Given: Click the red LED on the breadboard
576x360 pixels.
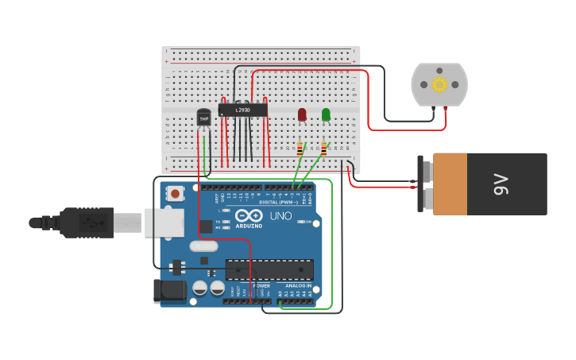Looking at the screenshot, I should tap(302, 114).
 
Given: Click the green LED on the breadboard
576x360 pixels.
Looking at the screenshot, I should tap(326, 114).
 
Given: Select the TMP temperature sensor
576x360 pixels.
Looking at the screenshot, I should tap(204, 118).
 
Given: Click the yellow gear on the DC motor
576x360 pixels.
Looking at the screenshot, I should tap(439, 84).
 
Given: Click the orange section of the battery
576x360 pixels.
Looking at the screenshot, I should tap(450, 184).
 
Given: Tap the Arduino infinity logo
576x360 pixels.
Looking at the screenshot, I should tap(249, 216).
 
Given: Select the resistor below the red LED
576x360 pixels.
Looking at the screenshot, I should tap(300, 149).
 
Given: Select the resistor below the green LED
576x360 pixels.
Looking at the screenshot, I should tap(323, 149).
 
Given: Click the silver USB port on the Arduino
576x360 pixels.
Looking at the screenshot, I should tap(164, 223).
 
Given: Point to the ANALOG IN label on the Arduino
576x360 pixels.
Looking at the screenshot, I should tap(298, 285).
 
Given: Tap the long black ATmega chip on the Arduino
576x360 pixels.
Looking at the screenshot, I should tap(269, 269).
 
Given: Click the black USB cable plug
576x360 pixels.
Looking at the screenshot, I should tap(87, 223).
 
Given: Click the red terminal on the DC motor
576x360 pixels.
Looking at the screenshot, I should tap(446, 110).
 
